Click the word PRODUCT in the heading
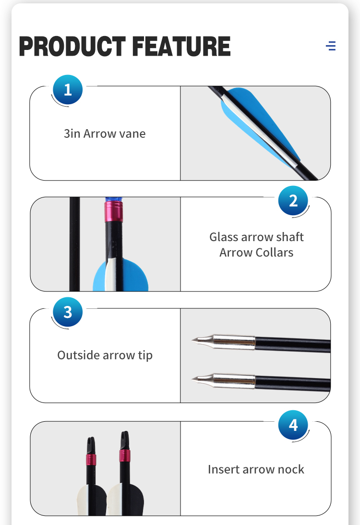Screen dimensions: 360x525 click(x=72, y=46)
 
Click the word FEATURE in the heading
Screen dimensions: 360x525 click(x=181, y=46)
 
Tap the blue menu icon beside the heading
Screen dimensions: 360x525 click(x=331, y=46)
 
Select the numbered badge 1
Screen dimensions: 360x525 click(x=68, y=90)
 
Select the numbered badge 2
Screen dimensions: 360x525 click(x=293, y=201)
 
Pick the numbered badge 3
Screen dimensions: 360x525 click(x=68, y=312)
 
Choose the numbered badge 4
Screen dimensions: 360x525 click(x=293, y=425)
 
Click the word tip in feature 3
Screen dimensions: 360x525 click(x=145, y=355)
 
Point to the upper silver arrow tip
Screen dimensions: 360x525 click(x=223, y=342)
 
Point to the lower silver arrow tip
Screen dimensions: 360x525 click(x=223, y=380)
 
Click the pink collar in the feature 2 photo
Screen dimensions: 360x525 click(x=114, y=212)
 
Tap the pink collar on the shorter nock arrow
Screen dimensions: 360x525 click(x=91, y=460)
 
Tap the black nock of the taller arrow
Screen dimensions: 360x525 click(x=125, y=440)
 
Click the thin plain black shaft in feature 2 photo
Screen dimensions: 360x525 click(x=74, y=244)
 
